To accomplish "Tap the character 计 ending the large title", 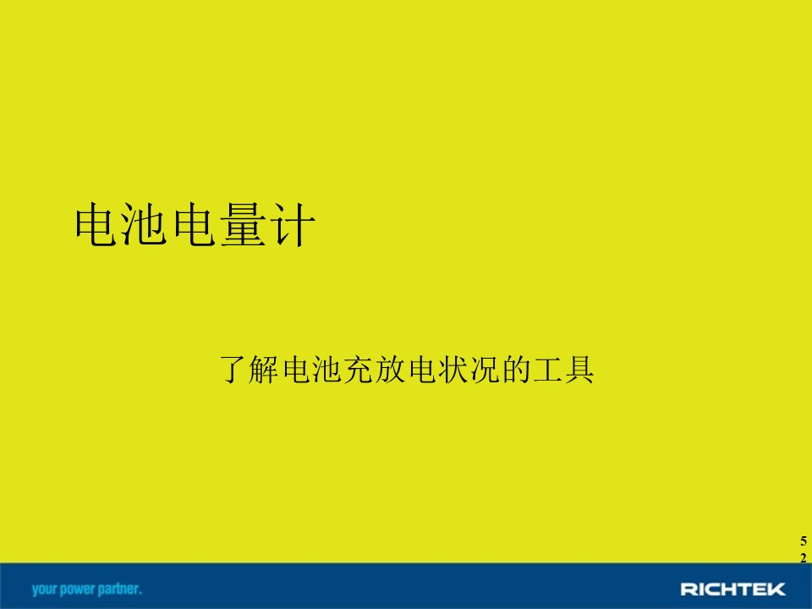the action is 292,224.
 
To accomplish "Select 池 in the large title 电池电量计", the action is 144,224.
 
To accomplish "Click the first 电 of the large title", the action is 96,224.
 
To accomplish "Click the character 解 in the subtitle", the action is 264,370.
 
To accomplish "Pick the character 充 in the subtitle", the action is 357,370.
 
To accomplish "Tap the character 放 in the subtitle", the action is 388,370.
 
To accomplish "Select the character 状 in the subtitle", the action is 450,370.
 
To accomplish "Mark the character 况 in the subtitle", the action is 481,370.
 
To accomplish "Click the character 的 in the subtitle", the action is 513,370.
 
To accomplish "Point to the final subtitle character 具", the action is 579,370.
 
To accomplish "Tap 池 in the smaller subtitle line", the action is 326,370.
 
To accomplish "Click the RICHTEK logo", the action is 732,589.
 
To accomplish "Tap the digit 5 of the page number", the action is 804,541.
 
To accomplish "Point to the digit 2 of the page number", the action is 804,558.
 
